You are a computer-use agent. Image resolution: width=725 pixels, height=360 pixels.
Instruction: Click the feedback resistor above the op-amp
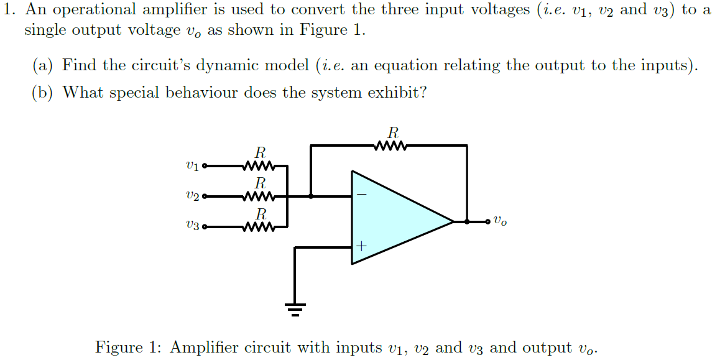pyautogui.click(x=392, y=146)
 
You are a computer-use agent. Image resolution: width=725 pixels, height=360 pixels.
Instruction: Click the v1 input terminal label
pyautogui.click(x=192, y=166)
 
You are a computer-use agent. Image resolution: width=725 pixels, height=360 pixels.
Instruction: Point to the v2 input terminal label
pyautogui.click(x=192, y=197)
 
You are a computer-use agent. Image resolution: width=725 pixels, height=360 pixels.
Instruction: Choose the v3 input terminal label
pyautogui.click(x=192, y=227)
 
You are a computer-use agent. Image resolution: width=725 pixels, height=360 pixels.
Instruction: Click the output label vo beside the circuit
pyautogui.click(x=501, y=221)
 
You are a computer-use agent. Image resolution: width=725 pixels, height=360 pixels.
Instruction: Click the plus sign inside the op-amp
pyautogui.click(x=361, y=247)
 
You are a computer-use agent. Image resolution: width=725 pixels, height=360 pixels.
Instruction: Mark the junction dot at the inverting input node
pyautogui.click(x=311, y=196)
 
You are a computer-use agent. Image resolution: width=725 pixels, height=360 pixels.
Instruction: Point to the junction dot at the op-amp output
pyautogui.click(x=467, y=221)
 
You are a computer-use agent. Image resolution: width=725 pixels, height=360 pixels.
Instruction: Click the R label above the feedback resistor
pyautogui.click(x=392, y=132)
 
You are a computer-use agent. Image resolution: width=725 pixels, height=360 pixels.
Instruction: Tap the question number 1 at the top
pyautogui.click(x=9, y=11)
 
